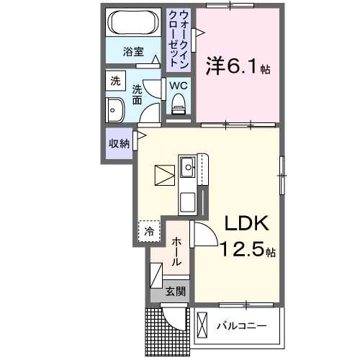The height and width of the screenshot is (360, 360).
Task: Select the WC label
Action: click(178, 85)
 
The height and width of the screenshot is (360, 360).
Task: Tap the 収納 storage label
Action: click(119, 143)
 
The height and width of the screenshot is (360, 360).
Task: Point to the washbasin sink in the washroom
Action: click(114, 111)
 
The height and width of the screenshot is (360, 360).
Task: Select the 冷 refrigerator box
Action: click(149, 231)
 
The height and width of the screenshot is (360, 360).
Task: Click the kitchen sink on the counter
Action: click(188, 168)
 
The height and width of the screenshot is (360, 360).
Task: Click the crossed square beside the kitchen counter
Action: click(164, 175)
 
